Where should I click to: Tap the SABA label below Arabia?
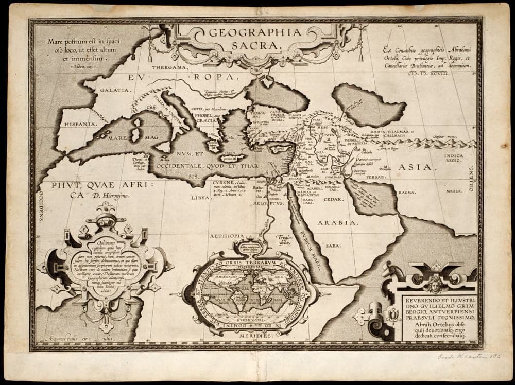[333, 246]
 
